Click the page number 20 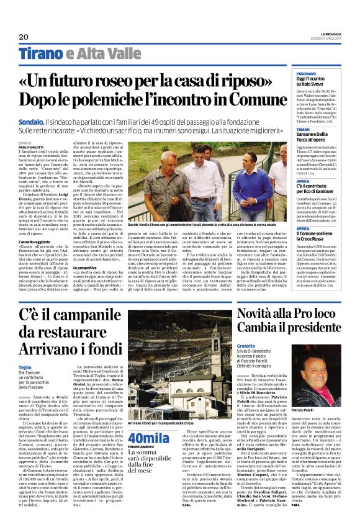(24, 37)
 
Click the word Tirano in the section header (40, 53)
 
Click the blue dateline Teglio (26, 366)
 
